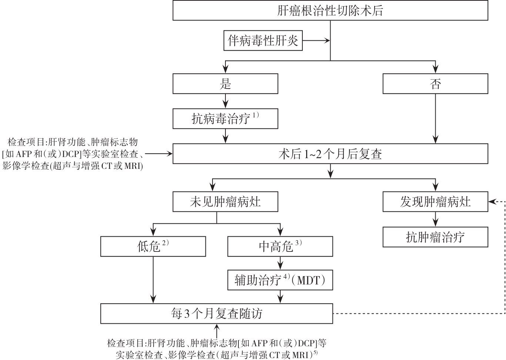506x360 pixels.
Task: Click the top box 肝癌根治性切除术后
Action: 330,10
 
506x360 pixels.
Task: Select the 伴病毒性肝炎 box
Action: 263,41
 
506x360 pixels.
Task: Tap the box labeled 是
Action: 225,84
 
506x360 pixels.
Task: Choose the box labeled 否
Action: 435,84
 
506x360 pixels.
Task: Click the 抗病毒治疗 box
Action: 225,119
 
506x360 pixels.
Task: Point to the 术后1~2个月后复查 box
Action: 330,154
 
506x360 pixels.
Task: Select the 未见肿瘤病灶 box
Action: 225,202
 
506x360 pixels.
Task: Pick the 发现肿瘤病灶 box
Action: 435,202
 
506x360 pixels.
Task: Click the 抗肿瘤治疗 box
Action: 435,237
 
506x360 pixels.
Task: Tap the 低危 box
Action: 153,247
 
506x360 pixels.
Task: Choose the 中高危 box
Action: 280,247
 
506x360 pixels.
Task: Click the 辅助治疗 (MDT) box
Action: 280,280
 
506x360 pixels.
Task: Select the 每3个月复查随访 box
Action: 217,314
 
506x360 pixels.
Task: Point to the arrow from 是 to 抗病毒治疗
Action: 225,101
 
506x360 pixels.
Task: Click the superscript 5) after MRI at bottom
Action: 315,353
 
